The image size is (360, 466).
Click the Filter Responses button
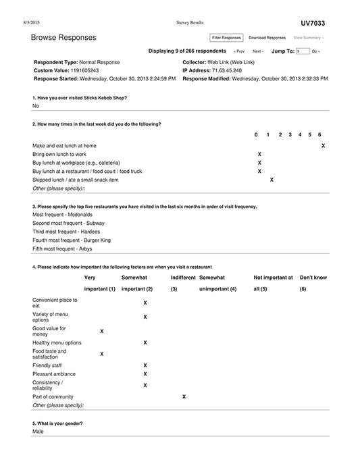[226, 38]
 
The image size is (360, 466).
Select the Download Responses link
[267, 38]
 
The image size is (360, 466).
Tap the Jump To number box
[302, 51]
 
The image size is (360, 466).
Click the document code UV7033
[313, 23]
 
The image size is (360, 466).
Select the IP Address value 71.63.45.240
[228, 70]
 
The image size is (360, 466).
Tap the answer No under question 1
[36, 106]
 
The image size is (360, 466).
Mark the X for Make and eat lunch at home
[323, 145]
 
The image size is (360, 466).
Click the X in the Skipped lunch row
[272, 180]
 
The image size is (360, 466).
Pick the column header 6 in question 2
[319, 134]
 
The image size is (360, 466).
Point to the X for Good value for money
[102, 331]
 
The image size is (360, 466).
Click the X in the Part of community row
[184, 396]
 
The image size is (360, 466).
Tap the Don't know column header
[313, 278]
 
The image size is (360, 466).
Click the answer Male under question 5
[38, 431]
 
